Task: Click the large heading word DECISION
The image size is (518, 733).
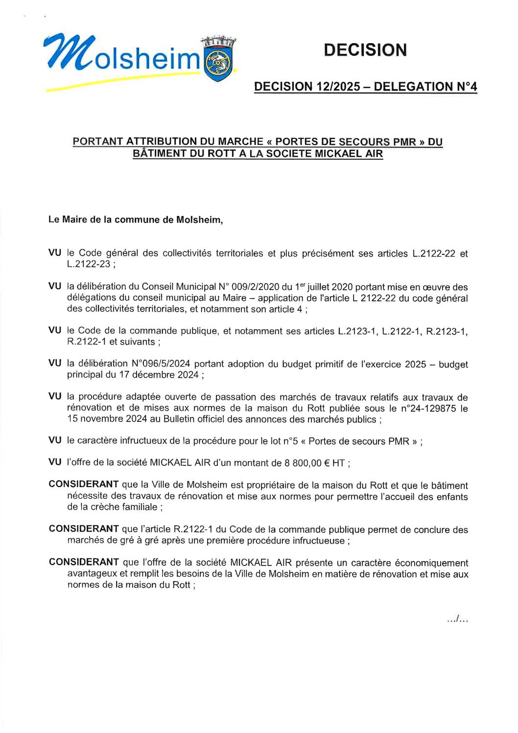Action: pyautogui.click(x=365, y=50)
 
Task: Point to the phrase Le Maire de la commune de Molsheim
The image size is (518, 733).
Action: pyautogui.click(x=135, y=220)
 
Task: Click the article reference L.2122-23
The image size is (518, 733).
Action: pyautogui.click(x=89, y=264)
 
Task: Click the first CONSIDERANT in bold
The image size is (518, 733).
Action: pyautogui.click(x=84, y=485)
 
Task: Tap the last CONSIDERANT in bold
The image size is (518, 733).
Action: pyautogui.click(x=84, y=562)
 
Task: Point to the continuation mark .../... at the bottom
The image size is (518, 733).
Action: pyautogui.click(x=457, y=620)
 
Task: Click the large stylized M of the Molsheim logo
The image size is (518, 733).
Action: pyautogui.click(x=66, y=50)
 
